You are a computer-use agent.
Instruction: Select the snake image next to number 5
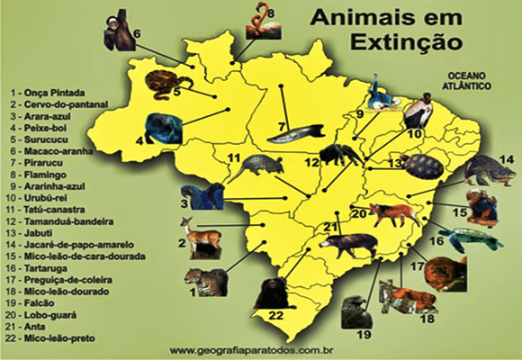(161, 83)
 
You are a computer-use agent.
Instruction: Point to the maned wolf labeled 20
(392, 214)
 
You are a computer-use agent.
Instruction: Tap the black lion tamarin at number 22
(267, 292)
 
